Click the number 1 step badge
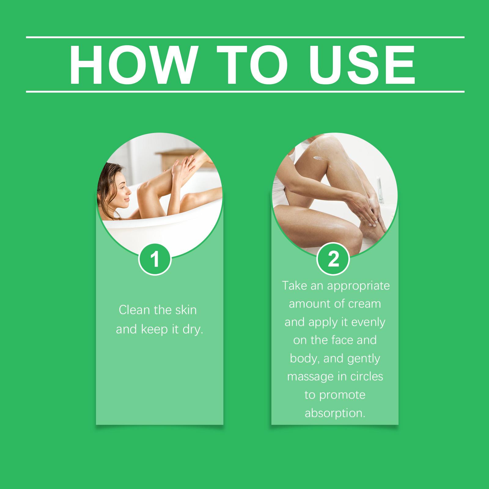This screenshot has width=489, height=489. click(x=155, y=259)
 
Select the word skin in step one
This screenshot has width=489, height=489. click(x=186, y=310)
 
